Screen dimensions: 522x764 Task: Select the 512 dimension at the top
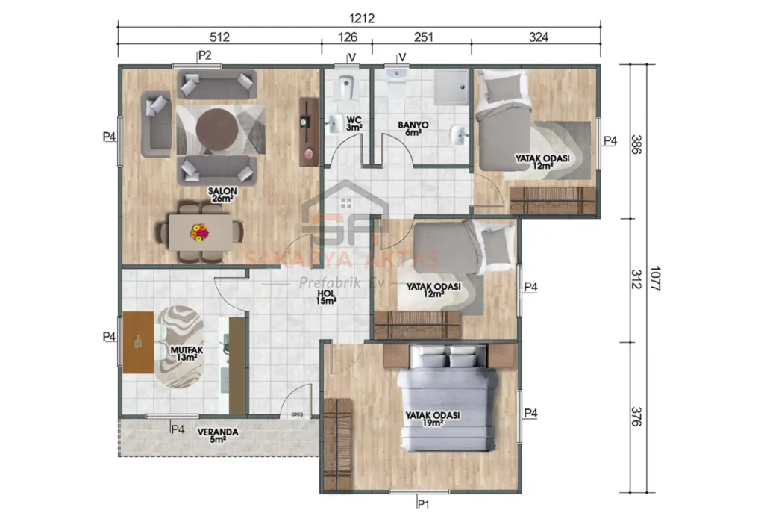tap(219, 36)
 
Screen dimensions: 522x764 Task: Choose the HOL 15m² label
tap(326, 297)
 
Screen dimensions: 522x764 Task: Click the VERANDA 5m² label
tap(217, 435)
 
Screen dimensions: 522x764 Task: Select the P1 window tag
tap(424, 504)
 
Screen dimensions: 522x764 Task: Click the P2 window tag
tap(204, 55)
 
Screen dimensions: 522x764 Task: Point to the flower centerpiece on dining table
tap(199, 233)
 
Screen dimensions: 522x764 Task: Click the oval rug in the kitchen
tap(178, 346)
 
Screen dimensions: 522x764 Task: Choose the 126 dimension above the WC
tap(346, 36)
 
